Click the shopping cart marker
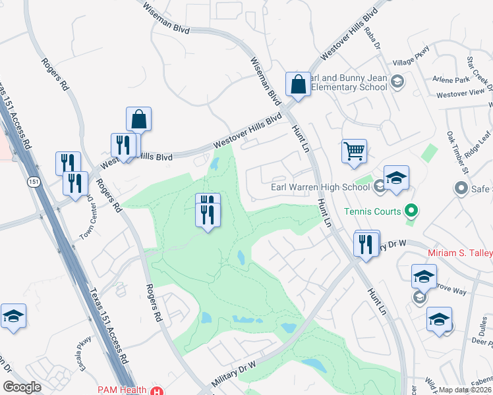coord(354,151)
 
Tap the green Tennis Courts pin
coord(412,211)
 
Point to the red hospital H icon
coord(156,390)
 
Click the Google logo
coord(22,387)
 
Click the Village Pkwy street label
coord(411,57)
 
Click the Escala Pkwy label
coord(84,344)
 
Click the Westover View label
coord(461,93)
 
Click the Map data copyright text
coord(464,390)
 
